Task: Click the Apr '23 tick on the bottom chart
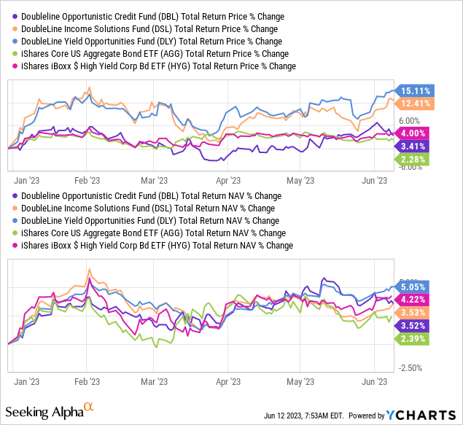(230, 381)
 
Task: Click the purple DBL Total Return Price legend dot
(15, 16)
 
